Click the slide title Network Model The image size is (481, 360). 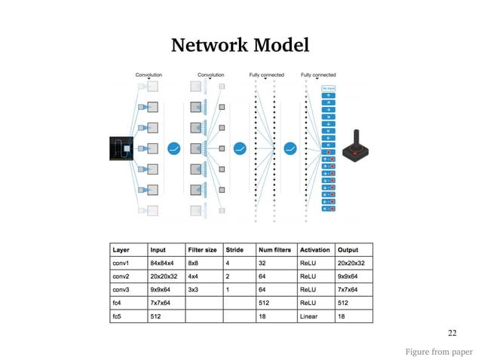[x=240, y=45]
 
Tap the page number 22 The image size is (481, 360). [x=452, y=332]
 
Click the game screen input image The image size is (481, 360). [x=121, y=148]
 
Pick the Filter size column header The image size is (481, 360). [x=202, y=249]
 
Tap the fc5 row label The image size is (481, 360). [x=117, y=317]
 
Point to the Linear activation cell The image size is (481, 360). [x=309, y=317]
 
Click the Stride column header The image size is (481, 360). [x=234, y=249]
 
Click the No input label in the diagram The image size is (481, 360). [x=329, y=87]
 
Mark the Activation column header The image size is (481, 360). [x=314, y=249]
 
